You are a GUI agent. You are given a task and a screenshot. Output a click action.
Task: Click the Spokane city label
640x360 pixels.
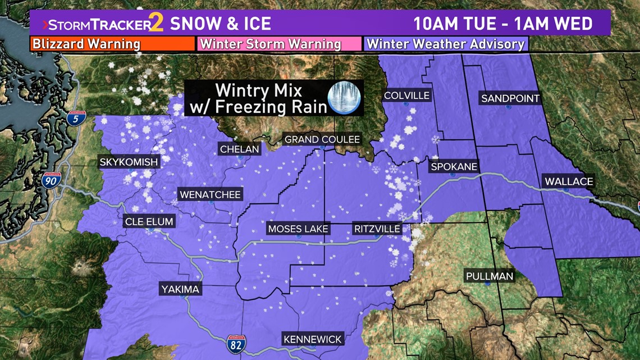tap(454, 167)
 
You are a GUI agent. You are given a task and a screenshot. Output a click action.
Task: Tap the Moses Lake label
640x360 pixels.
tap(298, 229)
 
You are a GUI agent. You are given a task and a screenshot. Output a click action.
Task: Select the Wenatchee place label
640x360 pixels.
tap(210, 195)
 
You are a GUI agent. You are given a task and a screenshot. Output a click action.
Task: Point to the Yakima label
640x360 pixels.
tap(180, 290)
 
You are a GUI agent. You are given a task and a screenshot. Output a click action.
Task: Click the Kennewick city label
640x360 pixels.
tap(313, 339)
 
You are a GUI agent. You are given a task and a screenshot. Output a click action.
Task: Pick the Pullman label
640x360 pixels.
tap(489, 276)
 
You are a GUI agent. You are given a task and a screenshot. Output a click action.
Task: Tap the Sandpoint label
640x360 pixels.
tap(510, 99)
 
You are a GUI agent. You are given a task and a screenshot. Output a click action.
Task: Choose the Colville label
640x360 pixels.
tap(406, 95)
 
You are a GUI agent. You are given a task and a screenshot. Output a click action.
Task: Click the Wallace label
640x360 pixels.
tap(568, 181)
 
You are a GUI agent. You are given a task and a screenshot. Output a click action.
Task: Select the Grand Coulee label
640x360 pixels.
tap(322, 139)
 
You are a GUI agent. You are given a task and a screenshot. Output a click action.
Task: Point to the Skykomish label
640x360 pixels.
tap(129, 162)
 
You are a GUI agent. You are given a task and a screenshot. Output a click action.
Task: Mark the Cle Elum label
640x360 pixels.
tap(149, 221)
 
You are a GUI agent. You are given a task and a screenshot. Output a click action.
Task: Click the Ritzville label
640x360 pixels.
tap(377, 229)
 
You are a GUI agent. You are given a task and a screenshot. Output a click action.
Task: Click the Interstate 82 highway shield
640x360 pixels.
tap(236, 343)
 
